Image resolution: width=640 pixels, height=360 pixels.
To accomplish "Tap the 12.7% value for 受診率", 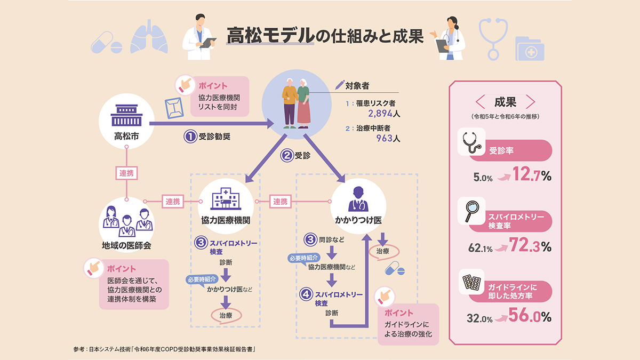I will (x=531, y=175).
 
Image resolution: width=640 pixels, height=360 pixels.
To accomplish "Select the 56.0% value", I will (x=530, y=317).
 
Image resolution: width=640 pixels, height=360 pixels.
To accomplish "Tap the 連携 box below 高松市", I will (x=126, y=173).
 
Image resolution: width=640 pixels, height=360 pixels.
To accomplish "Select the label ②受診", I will (x=295, y=156).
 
